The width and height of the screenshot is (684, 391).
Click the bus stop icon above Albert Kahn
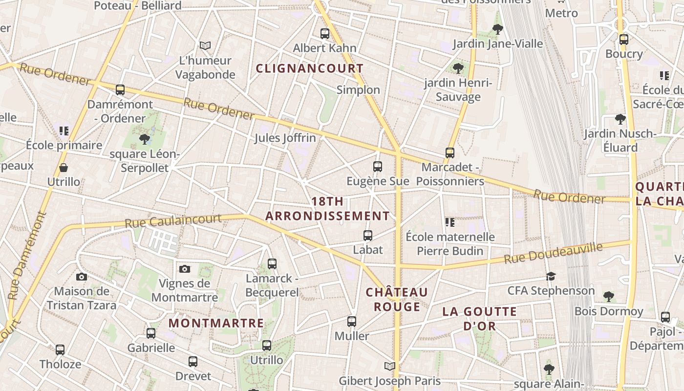tap(325, 34)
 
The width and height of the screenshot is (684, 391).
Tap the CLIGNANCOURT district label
tap(310, 68)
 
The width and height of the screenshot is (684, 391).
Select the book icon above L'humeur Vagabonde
tap(205, 46)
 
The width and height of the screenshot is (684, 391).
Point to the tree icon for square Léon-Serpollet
tap(144, 139)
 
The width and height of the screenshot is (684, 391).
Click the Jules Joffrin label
tap(285, 138)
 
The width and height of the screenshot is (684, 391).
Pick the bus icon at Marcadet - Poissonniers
tap(450, 153)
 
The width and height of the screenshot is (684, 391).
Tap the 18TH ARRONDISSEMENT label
tap(327, 209)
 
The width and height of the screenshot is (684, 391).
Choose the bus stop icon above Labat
tap(368, 236)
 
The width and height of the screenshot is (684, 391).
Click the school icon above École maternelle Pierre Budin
tap(450, 223)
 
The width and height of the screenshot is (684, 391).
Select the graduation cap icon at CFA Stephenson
tap(551, 277)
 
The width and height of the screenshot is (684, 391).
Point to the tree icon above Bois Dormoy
tap(608, 296)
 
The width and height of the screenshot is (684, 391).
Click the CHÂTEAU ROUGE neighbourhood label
tap(397, 300)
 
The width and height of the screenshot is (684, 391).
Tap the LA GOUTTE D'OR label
tap(479, 319)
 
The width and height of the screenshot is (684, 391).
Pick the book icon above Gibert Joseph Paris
tap(389, 367)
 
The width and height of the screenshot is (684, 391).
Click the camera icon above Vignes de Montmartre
tap(184, 269)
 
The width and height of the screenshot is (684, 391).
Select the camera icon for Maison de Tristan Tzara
tap(82, 277)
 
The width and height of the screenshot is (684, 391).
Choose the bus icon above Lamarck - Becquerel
tap(272, 264)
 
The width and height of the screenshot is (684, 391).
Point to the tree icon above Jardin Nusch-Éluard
tap(620, 119)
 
